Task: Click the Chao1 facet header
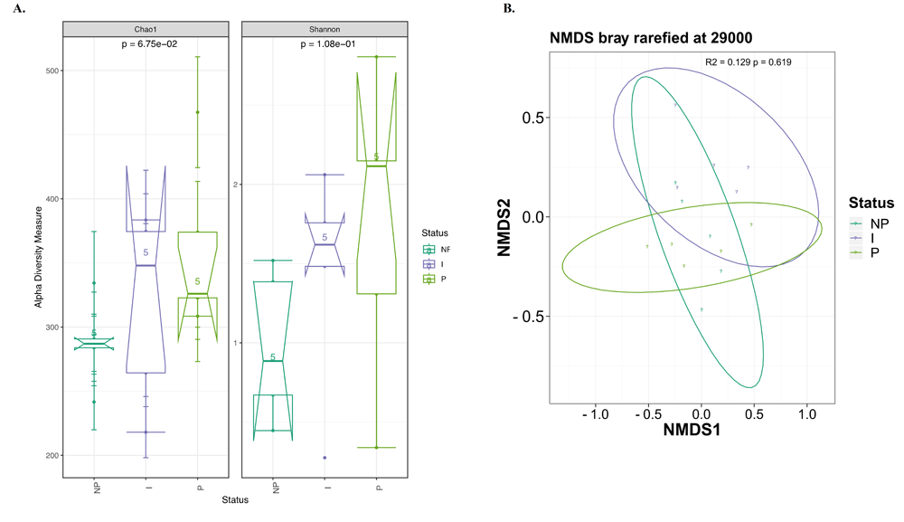[146, 29]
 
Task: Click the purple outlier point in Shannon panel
[325, 458]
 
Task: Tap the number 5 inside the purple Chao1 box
[146, 252]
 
